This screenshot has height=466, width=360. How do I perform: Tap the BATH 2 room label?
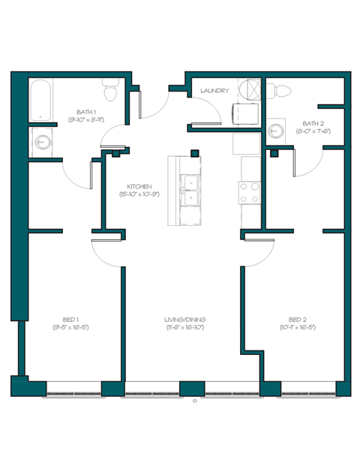pos(313,123)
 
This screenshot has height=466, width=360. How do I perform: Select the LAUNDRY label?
pos(214,91)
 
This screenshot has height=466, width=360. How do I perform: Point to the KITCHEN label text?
pos(139,186)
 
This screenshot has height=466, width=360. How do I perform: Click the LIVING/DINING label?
pos(184,320)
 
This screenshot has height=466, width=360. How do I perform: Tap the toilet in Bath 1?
pos(111,92)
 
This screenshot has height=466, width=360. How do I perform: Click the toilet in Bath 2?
pos(282,91)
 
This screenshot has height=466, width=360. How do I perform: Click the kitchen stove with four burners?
pos(249,193)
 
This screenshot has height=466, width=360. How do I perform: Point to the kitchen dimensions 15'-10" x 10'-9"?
pos(139,194)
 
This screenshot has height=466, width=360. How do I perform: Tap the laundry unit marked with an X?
pos(248,89)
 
